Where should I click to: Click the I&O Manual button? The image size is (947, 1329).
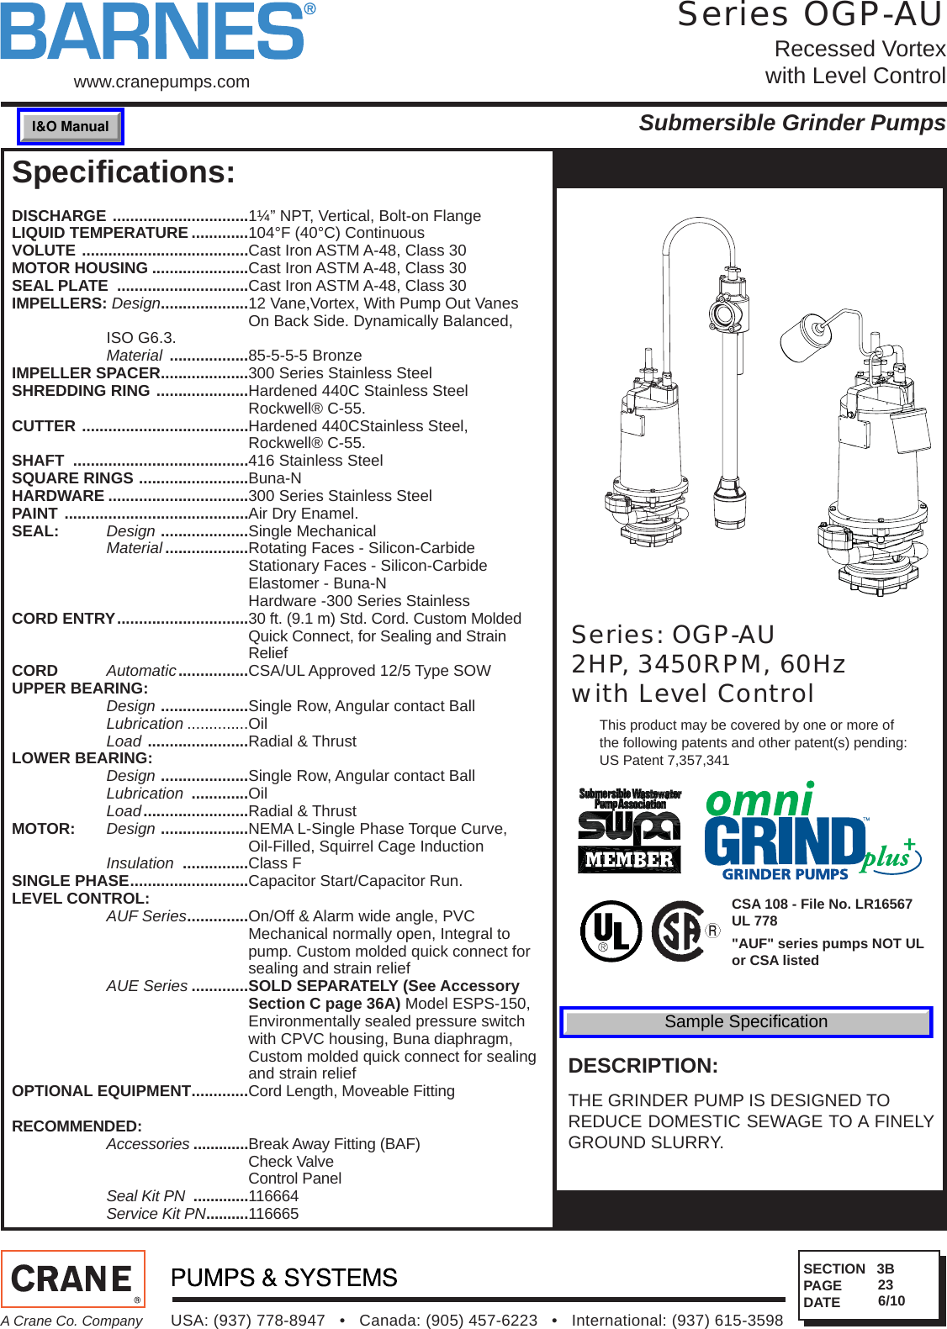pos(71,127)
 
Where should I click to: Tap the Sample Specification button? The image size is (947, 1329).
pos(746,1022)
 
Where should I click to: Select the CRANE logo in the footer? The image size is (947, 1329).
pos(73,1279)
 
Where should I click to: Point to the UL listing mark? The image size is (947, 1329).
pos(611,931)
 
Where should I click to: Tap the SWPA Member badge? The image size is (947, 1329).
pos(630,831)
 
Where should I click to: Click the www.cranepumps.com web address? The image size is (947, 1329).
pos(161,82)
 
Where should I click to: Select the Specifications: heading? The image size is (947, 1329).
pos(124,172)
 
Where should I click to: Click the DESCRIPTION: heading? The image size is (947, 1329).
pos(643,1066)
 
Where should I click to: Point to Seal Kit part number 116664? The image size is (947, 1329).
pos(273,1196)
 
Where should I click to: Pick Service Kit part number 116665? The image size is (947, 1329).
pos(273,1214)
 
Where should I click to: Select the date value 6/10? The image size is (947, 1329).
pos(891,1301)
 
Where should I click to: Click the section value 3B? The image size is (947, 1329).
pos(885,1269)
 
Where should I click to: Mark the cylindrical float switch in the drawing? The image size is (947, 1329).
pos(806,338)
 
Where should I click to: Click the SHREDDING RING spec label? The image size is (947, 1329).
pos(81,391)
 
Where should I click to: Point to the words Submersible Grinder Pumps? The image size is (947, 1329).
pos(791,124)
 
